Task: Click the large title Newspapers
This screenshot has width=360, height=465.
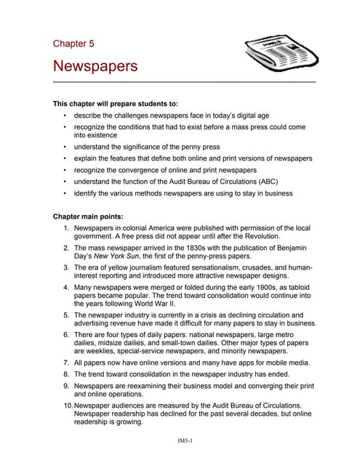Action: (95, 66)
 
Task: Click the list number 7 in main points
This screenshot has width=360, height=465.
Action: (66, 362)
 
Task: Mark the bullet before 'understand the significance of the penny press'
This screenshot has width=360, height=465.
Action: (65, 146)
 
